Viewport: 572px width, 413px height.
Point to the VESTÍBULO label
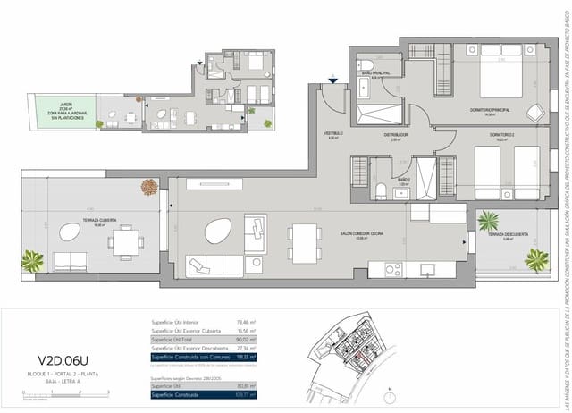[x=333, y=135]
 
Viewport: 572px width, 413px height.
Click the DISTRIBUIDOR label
[x=396, y=135]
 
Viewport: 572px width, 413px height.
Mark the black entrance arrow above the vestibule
[x=332, y=80]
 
